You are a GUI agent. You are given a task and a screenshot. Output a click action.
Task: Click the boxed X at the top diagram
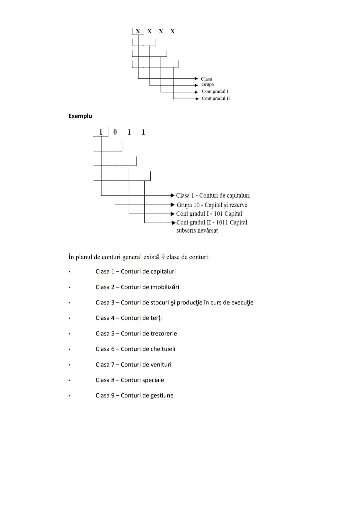(138, 31)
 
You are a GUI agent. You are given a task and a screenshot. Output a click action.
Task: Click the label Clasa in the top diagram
(206, 79)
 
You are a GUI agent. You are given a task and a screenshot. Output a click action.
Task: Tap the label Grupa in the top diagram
(207, 84)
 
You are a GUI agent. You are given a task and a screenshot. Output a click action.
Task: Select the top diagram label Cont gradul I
(215, 91)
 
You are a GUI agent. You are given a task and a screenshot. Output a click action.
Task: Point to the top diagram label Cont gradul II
(216, 98)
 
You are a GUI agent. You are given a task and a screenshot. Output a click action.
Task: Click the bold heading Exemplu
(80, 116)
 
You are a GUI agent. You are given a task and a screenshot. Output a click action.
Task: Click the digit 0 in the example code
(115, 132)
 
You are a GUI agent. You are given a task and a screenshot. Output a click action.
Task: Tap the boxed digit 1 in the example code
(101, 132)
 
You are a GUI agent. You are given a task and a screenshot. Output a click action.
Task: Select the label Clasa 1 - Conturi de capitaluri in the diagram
(213, 196)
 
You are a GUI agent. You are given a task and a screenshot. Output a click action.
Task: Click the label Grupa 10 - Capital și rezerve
(212, 205)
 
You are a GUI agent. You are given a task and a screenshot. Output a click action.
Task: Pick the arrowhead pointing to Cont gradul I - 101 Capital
(172, 214)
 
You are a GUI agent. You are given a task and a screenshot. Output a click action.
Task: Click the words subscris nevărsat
(197, 231)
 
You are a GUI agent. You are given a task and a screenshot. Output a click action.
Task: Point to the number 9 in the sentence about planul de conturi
(163, 257)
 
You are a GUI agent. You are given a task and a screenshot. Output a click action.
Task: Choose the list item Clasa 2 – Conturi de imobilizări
(137, 287)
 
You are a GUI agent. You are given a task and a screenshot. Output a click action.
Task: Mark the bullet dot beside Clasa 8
(69, 380)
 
